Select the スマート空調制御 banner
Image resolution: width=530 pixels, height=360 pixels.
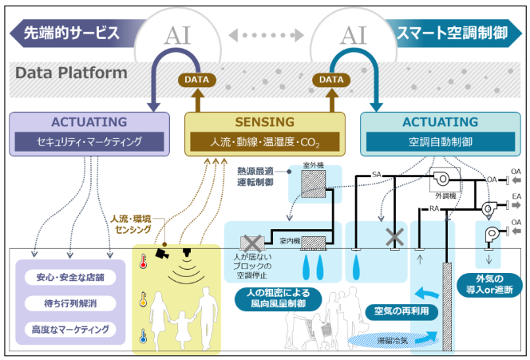tap(455, 33)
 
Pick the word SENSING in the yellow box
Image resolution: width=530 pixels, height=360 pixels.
tap(264, 122)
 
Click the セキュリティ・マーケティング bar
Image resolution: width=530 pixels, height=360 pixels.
tap(89, 142)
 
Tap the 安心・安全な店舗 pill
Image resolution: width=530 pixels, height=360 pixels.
tap(73, 279)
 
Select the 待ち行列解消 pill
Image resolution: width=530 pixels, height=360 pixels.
tap(73, 303)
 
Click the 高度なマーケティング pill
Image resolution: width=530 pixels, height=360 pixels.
tap(73, 329)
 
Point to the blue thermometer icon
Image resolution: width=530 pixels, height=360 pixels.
tap(144, 337)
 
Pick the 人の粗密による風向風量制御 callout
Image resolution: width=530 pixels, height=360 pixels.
tap(279, 299)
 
